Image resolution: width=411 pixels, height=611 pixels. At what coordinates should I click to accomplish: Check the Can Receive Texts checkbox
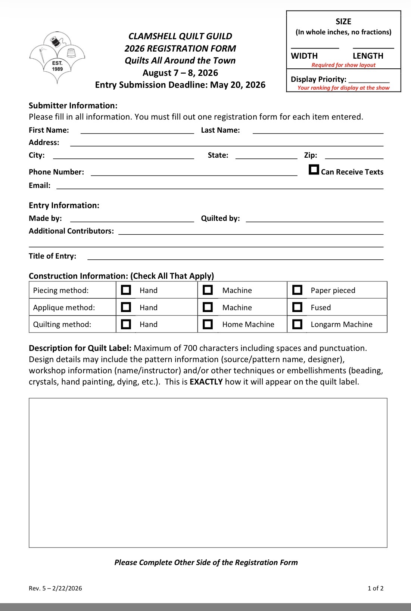click(314, 170)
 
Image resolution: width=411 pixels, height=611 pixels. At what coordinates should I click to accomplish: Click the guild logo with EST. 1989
click(57, 57)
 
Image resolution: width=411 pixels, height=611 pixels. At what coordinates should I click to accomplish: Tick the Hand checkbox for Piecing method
click(126, 290)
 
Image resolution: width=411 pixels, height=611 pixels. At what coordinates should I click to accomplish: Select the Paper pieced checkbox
click(297, 290)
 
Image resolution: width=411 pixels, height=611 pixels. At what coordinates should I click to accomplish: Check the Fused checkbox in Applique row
click(297, 307)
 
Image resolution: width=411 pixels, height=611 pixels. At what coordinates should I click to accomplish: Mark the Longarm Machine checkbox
click(297, 324)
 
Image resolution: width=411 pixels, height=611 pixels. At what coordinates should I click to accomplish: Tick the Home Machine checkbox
click(208, 324)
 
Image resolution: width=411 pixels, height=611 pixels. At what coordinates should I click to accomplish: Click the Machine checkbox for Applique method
click(208, 307)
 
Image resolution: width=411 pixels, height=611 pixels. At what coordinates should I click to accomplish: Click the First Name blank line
click(137, 130)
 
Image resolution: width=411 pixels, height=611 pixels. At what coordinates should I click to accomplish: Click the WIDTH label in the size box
click(304, 56)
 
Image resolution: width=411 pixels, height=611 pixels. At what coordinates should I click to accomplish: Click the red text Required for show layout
click(343, 65)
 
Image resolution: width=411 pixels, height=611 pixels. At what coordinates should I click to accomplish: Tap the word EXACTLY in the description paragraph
click(206, 382)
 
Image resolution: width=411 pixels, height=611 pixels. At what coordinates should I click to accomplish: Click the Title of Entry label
click(52, 256)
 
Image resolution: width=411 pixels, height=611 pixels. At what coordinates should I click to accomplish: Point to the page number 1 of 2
click(376, 588)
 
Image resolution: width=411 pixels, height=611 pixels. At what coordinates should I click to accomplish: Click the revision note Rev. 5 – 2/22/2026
click(55, 588)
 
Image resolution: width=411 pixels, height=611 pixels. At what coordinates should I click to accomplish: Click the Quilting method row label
click(62, 324)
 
